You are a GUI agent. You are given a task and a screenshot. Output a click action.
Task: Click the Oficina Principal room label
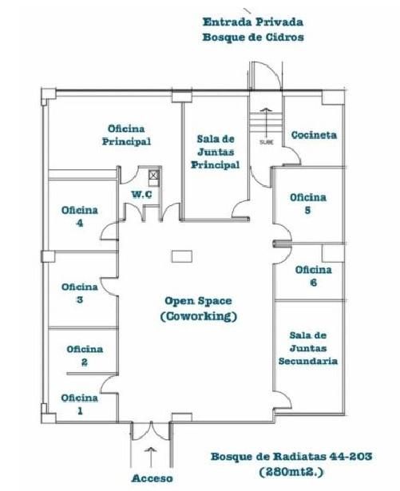click(126, 135)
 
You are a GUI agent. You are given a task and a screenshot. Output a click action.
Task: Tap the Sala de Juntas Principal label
click(216, 152)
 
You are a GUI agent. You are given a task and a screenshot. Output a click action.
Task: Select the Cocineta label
click(315, 135)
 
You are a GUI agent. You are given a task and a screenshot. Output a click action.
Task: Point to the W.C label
click(142, 195)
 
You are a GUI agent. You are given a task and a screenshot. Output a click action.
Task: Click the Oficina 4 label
click(80, 216)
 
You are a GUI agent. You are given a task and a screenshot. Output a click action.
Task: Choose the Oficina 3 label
click(80, 293)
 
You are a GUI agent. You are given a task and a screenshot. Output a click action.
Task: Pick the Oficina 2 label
click(85, 356)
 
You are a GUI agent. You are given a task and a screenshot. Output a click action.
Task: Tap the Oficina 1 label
click(80, 404)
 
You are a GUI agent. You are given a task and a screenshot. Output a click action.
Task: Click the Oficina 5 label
click(308, 204)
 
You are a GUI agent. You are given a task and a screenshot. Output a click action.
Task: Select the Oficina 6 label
click(314, 276)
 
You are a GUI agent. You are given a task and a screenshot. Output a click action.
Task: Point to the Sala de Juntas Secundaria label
click(308, 348)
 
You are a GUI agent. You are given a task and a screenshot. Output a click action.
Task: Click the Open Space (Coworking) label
click(199, 308)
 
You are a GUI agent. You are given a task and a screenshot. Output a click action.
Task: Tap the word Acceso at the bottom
click(152, 478)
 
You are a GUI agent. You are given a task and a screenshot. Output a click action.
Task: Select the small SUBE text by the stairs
click(267, 142)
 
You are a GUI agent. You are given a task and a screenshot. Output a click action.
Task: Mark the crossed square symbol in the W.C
click(153, 175)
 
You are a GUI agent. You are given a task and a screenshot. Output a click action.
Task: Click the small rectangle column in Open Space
click(182, 255)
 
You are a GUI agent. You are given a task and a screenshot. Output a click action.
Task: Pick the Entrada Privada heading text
click(253, 22)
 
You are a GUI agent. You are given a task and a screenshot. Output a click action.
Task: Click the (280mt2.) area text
click(291, 472)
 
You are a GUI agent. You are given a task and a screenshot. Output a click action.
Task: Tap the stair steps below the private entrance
click(266, 122)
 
